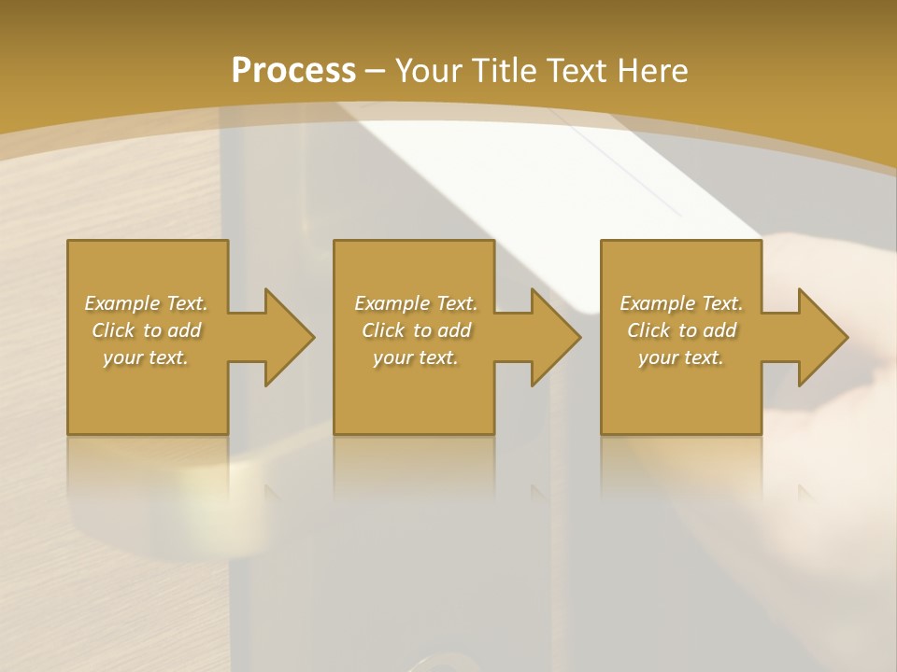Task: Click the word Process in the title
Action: [293, 70]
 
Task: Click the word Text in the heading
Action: [577, 70]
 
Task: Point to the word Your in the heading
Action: [431, 70]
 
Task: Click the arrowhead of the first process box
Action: [285, 337]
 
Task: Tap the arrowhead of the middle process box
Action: [552, 337]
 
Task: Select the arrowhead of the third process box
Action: [819, 337]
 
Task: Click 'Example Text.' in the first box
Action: [147, 303]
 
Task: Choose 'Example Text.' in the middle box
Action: [416, 303]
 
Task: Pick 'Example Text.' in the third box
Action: [681, 303]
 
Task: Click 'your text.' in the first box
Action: [146, 357]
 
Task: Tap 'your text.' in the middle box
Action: [416, 357]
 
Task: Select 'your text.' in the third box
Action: [681, 357]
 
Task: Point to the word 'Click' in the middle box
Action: [383, 330]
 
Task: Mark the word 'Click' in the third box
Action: [648, 330]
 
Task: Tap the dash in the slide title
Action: [376, 70]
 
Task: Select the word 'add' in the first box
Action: [183, 330]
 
